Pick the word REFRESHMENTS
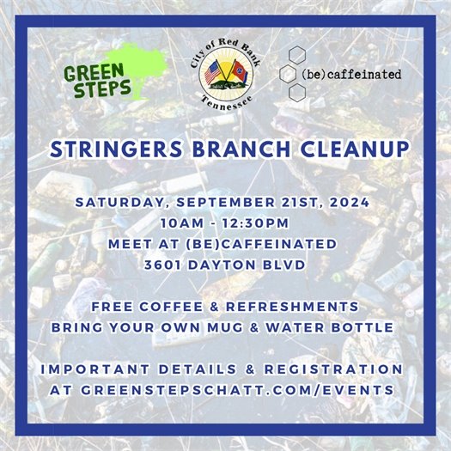click(x=290, y=306)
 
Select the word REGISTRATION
click(x=334, y=368)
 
